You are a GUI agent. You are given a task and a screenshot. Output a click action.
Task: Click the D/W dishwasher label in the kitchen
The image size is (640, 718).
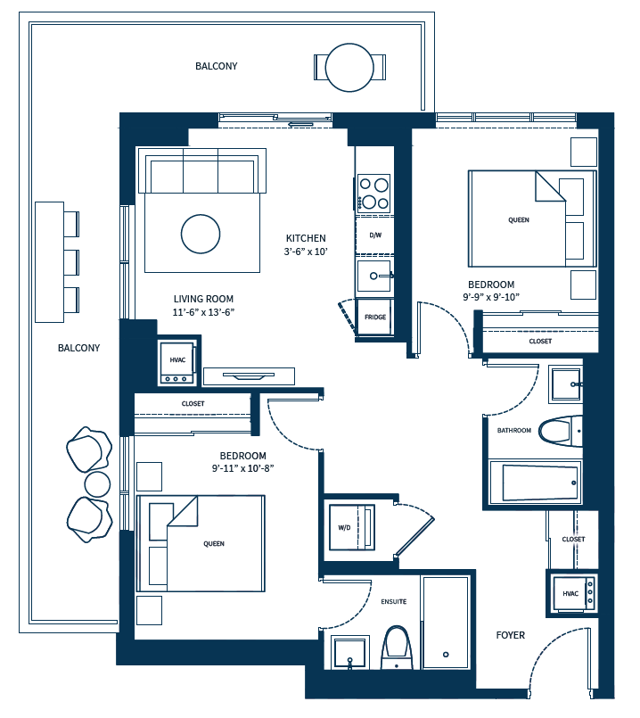[x=373, y=235]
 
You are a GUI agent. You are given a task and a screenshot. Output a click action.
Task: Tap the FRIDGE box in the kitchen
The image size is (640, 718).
[x=374, y=318]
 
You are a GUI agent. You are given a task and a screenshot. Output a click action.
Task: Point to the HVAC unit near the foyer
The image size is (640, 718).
[x=570, y=593]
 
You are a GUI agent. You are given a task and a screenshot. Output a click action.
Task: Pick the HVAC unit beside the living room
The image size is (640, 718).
[x=176, y=361]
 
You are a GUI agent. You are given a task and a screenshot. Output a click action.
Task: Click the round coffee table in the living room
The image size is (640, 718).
[x=200, y=235]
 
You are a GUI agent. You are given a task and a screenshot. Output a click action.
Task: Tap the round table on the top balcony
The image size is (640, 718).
[x=349, y=68]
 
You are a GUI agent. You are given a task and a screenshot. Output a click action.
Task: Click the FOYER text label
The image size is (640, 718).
[x=510, y=635]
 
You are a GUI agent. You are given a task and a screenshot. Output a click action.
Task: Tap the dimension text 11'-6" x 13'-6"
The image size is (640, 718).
[x=204, y=312]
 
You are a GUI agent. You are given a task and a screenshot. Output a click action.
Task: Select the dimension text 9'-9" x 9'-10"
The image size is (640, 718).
[x=490, y=296]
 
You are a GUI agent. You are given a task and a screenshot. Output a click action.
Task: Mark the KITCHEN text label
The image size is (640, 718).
[x=306, y=238]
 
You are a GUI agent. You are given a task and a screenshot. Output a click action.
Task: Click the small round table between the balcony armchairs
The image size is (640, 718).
[x=97, y=484]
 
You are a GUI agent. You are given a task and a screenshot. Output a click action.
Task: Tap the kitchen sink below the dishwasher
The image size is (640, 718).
[x=374, y=276]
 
